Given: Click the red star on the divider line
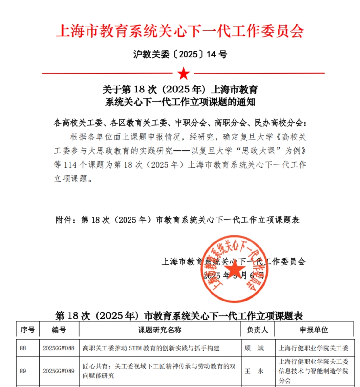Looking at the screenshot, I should click(x=183, y=74).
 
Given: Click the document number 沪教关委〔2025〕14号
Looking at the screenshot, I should click(x=180, y=54).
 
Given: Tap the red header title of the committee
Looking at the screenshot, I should click(x=180, y=31).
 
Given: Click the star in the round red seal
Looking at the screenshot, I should click(x=234, y=270).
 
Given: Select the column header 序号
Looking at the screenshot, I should click(x=27, y=330).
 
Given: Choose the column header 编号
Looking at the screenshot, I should click(x=59, y=330).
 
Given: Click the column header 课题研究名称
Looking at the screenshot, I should click(x=160, y=330).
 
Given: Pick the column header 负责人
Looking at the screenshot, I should click(x=257, y=330).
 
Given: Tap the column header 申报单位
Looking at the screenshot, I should click(x=314, y=330).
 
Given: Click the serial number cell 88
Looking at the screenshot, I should click(x=23, y=348).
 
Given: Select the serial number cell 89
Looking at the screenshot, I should click(x=23, y=371).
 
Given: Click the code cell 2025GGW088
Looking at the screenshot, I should click(x=58, y=348).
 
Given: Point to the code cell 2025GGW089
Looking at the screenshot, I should click(x=58, y=371).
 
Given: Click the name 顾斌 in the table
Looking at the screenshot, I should click(x=254, y=348).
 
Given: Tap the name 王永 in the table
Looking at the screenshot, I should click(x=254, y=371).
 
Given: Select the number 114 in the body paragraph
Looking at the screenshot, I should click(x=70, y=165).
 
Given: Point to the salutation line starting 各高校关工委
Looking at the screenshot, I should click(x=180, y=123).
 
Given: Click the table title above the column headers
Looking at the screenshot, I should click(x=179, y=316).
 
